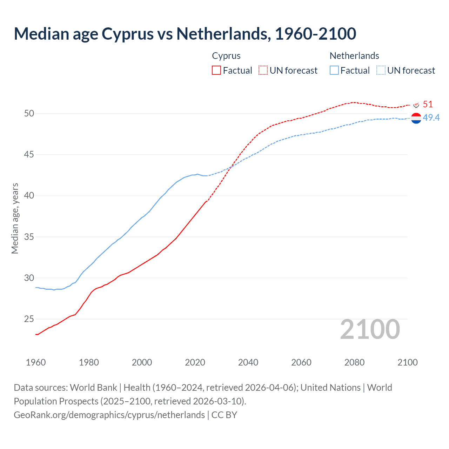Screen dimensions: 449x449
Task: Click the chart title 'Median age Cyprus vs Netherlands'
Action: [185, 34]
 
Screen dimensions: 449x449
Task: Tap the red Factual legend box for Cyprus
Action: [216, 70]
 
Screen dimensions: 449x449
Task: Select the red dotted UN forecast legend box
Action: [263, 70]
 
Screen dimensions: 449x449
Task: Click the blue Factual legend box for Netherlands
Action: [334, 70]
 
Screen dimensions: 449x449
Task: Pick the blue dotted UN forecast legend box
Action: [381, 70]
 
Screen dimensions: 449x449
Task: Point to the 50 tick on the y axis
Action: [29, 113]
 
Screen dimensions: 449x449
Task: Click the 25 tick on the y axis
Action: [29, 319]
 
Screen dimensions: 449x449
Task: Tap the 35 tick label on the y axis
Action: [29, 237]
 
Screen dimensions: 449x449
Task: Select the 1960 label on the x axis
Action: [36, 362]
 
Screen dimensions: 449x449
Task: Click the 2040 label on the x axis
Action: [248, 362]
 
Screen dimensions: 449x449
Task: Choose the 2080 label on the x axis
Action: [354, 362]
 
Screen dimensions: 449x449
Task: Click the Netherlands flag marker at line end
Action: [416, 119]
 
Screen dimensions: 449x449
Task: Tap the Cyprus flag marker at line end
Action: [416, 105]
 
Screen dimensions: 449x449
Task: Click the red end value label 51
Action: [428, 104]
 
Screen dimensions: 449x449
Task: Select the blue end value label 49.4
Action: [431, 118]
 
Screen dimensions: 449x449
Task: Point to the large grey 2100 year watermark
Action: [370, 329]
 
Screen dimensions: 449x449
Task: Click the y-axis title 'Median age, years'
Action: [15, 218]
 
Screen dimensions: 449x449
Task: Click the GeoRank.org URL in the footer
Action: [109, 415]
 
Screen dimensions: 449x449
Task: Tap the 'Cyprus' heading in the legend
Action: [226, 56]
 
